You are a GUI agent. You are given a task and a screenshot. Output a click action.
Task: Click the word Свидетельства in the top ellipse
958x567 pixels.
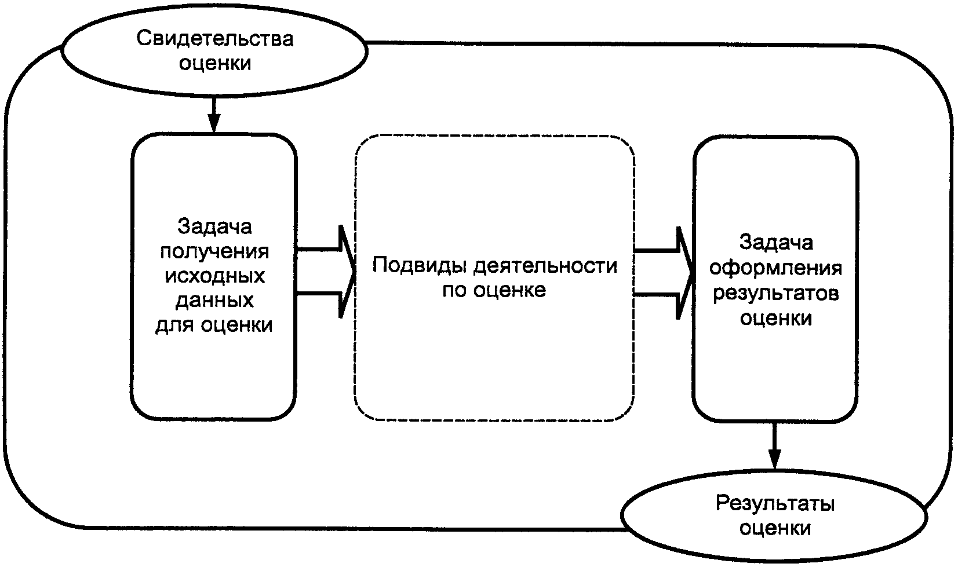[x=215, y=38]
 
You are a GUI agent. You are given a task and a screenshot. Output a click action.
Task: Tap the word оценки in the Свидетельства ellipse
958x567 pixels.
[x=215, y=63]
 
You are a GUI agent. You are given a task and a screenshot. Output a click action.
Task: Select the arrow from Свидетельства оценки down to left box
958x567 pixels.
[x=213, y=115]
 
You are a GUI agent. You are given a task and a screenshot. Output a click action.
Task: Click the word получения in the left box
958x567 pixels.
[x=214, y=252]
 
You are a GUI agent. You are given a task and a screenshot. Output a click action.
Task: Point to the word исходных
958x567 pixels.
[x=214, y=276]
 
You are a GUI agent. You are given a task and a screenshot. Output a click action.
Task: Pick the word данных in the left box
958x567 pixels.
[x=214, y=301]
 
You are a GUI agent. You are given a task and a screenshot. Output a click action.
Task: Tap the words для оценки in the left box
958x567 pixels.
[x=214, y=325]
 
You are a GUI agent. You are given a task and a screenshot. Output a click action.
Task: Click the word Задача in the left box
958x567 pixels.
[x=214, y=226]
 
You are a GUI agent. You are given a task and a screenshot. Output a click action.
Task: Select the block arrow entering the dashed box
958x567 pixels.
[x=326, y=272]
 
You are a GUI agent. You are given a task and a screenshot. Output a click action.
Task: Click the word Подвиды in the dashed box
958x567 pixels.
[x=419, y=266]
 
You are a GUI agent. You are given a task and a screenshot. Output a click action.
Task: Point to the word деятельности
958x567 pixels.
[x=545, y=266]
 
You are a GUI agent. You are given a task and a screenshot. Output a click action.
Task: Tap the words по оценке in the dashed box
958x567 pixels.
[x=494, y=291]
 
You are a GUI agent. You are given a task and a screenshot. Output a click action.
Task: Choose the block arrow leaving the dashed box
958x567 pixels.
[x=664, y=273]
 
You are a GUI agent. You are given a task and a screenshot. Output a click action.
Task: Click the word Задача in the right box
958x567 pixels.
[x=776, y=243]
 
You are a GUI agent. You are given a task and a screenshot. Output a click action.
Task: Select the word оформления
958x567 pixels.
[x=776, y=269]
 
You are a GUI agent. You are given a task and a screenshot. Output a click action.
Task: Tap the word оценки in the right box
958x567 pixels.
[x=776, y=319]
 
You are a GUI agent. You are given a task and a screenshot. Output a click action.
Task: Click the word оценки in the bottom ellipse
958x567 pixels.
[x=775, y=529]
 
